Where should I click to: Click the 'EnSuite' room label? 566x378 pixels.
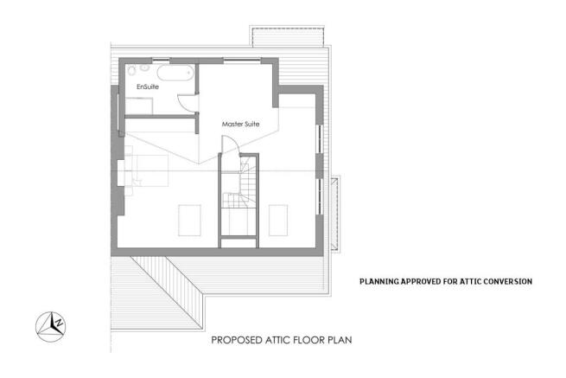148,87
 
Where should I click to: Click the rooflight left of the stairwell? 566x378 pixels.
190,219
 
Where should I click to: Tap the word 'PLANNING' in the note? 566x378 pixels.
379,281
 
